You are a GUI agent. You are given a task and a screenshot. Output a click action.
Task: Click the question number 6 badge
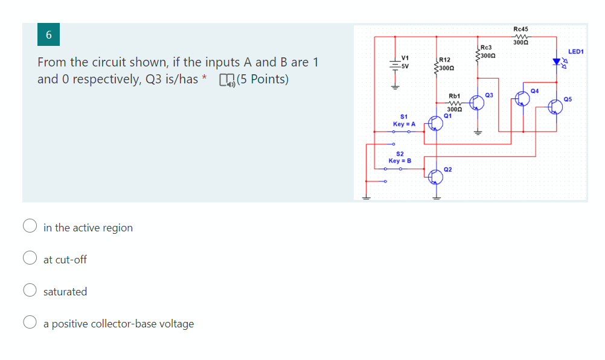click(49, 36)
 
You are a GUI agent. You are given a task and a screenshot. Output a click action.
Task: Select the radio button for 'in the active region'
click(30, 227)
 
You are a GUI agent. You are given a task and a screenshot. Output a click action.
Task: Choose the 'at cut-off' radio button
click(30, 259)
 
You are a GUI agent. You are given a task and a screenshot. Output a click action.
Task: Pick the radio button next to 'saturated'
click(30, 291)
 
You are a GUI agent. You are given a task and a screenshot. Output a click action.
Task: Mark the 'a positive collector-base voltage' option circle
click(30, 323)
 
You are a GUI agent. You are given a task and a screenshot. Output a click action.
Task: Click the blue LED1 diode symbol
click(557, 62)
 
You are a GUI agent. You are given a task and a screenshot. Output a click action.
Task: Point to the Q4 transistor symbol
click(522, 98)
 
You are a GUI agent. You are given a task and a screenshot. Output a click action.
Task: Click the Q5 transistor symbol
click(556, 107)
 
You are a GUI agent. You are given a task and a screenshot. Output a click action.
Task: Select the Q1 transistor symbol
click(435, 123)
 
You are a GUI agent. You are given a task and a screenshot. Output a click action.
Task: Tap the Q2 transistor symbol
click(435, 176)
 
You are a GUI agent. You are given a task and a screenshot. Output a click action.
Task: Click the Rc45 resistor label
click(520, 29)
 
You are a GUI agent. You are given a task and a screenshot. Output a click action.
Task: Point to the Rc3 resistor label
click(486, 47)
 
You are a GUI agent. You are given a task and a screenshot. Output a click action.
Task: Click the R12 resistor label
click(444, 60)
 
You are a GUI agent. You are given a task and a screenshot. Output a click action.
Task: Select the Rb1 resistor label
click(455, 96)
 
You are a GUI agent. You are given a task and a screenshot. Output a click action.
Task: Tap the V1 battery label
click(405, 58)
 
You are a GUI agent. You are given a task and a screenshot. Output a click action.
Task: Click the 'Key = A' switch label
click(404, 124)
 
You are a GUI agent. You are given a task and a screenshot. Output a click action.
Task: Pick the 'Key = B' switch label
click(400, 161)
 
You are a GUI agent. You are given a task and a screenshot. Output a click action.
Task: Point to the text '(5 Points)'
click(263, 79)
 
